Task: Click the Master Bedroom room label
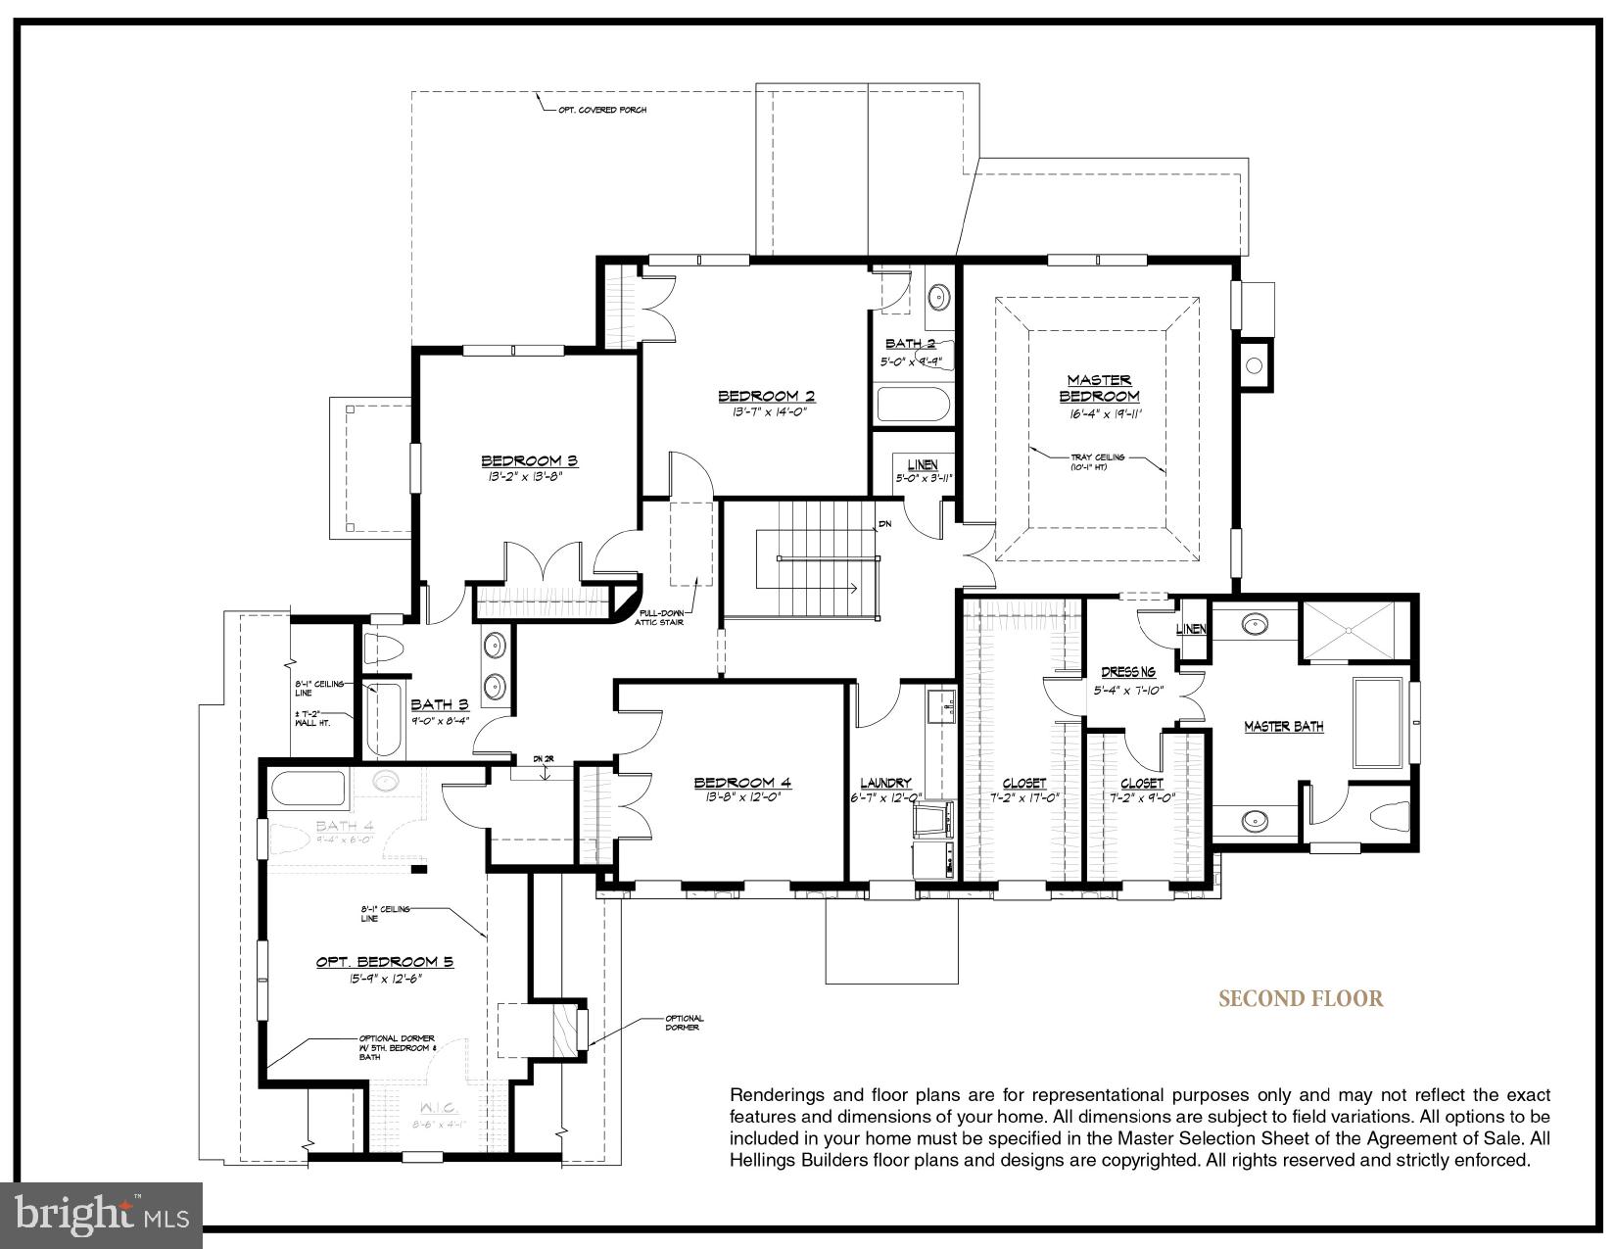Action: [1099, 388]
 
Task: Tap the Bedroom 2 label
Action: [767, 396]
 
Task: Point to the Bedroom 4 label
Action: [742, 782]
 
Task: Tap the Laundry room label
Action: [885, 783]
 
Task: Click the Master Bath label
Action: [1284, 726]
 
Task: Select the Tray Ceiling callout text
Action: [1098, 457]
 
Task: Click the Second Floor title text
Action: [1301, 999]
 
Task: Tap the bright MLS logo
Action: [102, 1215]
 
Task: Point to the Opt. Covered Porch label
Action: [602, 110]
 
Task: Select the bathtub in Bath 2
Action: [913, 404]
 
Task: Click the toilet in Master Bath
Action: [1393, 814]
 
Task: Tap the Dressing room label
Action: [1128, 672]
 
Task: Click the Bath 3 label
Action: [440, 703]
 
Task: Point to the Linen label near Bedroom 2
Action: [922, 464]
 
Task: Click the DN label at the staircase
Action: [885, 524]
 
